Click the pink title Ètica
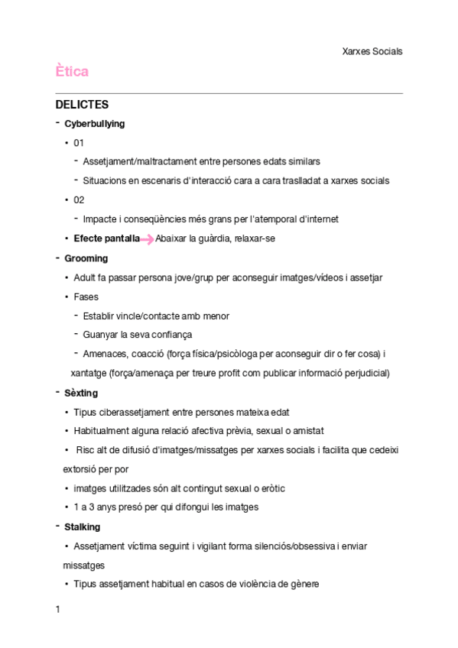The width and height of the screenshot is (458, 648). [72, 72]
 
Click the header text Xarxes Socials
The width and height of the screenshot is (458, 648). [372, 51]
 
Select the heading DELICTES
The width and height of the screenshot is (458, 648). [83, 105]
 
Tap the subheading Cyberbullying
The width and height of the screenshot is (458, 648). [95, 124]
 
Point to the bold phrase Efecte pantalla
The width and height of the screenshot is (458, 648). [107, 238]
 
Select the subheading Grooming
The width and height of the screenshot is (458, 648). [86, 258]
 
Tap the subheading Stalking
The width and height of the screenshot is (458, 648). [83, 527]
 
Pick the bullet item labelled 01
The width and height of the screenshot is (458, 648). [79, 143]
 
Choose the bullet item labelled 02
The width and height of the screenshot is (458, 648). [79, 200]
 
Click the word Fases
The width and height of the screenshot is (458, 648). [86, 296]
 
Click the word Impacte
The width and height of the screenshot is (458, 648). [100, 219]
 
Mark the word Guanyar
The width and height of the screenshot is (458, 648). [100, 335]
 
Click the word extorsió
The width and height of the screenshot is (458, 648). [80, 469]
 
